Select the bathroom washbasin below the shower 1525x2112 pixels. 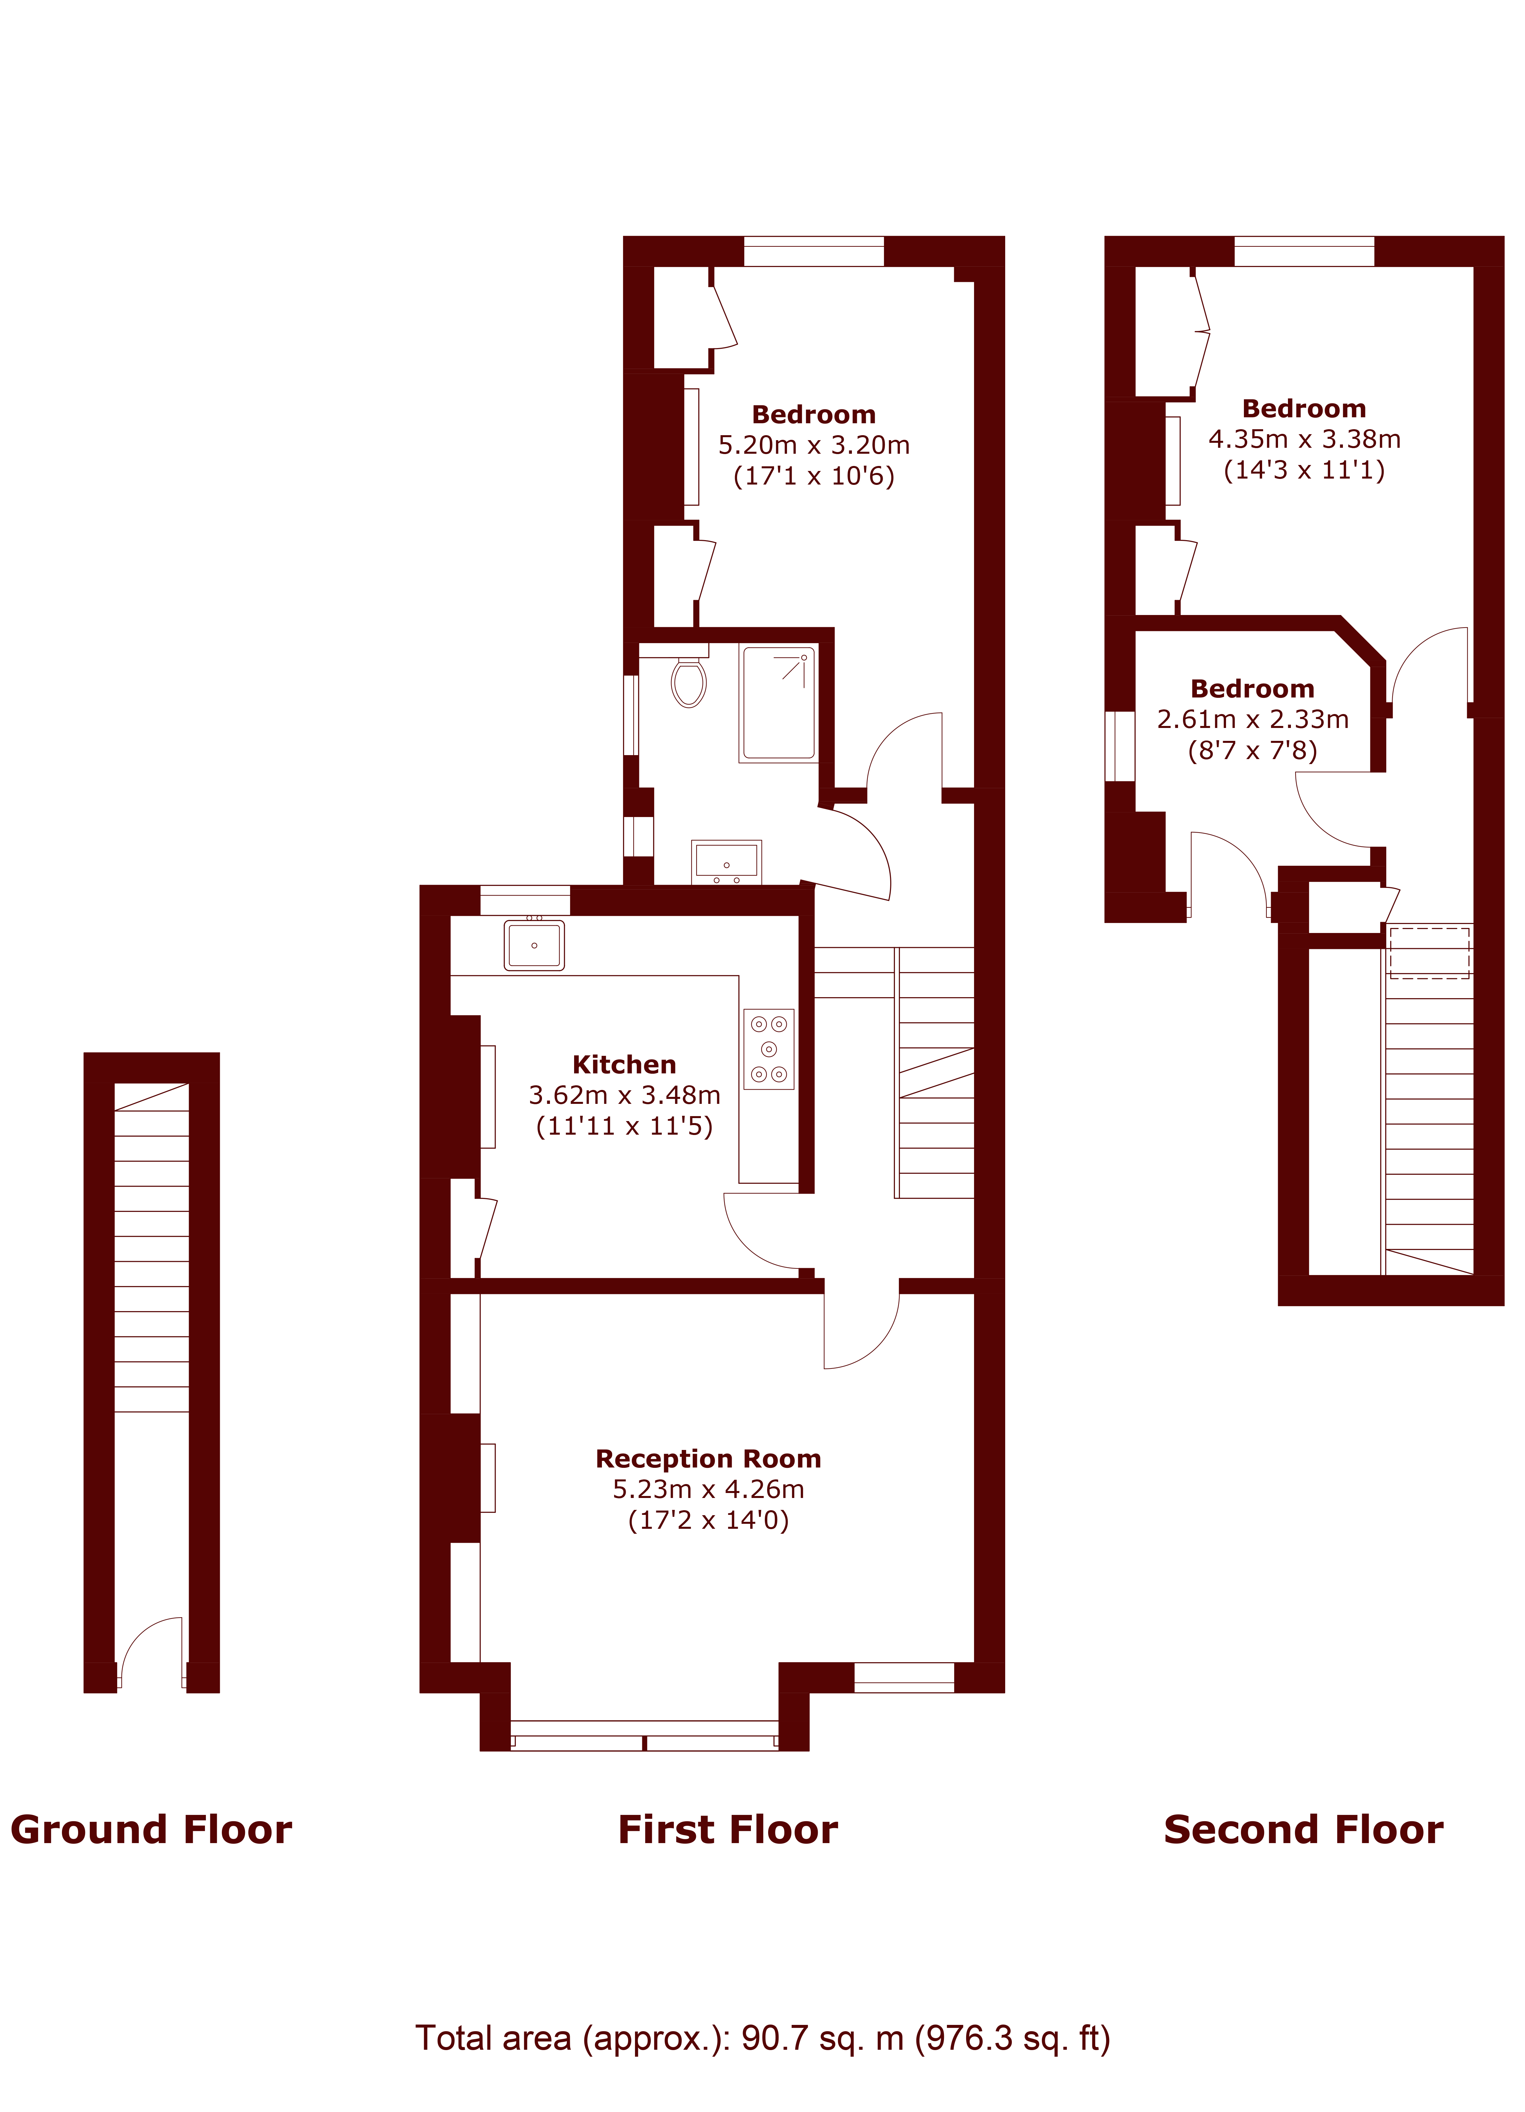726,861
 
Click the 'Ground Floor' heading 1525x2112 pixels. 152,1830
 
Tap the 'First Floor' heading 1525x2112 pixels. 728,1830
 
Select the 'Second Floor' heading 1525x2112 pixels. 1304,1830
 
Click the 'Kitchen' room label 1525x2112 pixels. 624,1064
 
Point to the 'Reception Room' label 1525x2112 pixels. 709,1458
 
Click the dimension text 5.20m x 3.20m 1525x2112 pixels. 814,445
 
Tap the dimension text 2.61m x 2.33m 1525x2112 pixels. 1253,719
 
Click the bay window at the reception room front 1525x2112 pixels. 644,1736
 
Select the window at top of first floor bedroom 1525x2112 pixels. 814,251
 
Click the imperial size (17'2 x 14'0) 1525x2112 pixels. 709,1520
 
